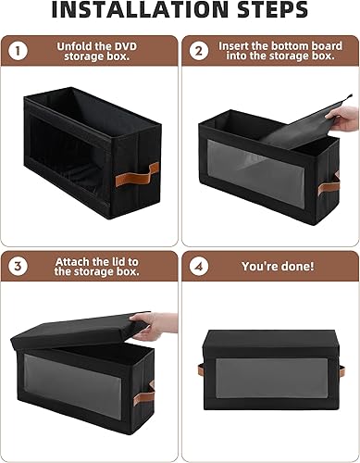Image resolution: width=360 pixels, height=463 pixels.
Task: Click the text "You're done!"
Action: click(277, 266)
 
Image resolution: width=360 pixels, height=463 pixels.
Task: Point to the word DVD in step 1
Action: click(124, 44)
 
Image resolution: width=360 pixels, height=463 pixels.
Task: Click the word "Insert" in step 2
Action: click(236, 44)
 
